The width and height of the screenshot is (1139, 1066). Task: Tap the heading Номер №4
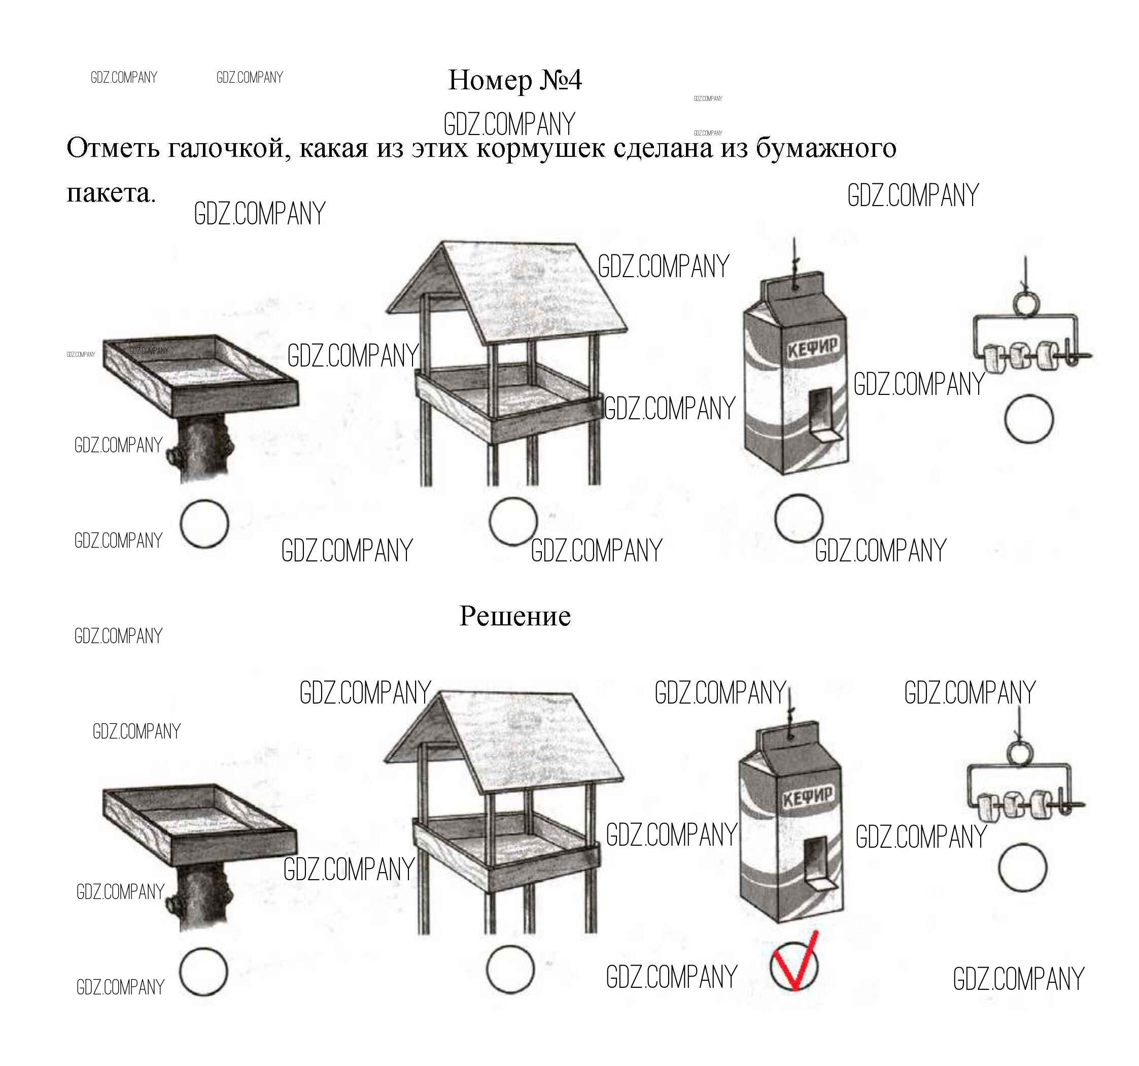coord(514,80)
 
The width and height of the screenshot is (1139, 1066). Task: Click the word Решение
coord(515,616)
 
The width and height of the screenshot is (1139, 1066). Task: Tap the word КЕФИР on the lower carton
coord(807,796)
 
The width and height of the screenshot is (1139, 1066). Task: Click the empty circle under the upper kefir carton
coord(799,518)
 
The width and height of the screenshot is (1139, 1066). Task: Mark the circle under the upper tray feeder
coord(204,524)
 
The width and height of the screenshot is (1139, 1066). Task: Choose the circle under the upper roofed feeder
coord(513,521)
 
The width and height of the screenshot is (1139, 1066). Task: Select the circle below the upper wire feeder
coord(1029,419)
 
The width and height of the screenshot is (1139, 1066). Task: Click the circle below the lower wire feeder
coord(1023,868)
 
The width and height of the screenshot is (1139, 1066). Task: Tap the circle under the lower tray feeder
coord(203,972)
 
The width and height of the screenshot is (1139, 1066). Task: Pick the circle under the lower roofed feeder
coord(510,970)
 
